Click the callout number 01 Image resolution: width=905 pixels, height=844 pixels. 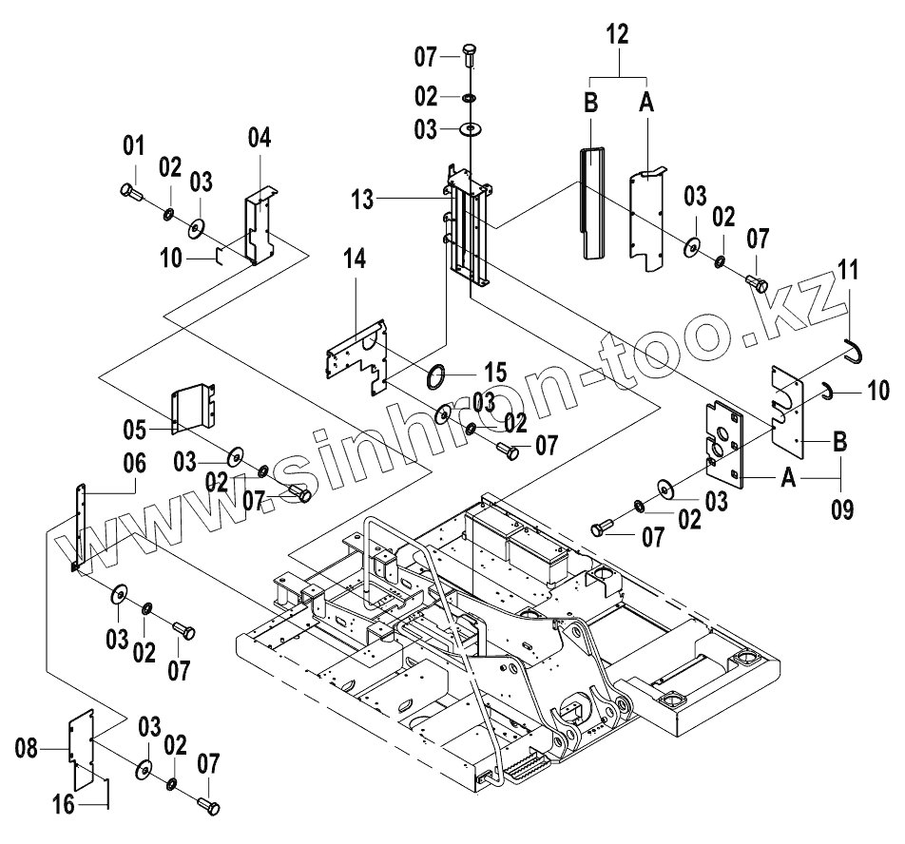coord(133,146)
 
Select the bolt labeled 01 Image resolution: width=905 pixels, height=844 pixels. coord(132,191)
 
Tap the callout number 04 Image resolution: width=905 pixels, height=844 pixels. coord(260,138)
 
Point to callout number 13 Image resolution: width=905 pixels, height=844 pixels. coord(363,200)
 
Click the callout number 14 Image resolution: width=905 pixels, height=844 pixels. coord(355,259)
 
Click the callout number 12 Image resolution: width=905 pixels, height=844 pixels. coord(617,34)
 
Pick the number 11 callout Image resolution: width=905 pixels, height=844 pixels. coord(848,270)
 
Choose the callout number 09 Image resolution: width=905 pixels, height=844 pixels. coord(842,509)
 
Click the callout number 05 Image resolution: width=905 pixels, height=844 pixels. coord(134,430)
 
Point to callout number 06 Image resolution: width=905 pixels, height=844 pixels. coord(134,463)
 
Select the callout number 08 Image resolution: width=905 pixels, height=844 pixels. coord(26,749)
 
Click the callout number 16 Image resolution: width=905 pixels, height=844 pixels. coord(64,805)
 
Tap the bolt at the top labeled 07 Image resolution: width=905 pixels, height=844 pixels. coord(468,56)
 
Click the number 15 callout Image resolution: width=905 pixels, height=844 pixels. coord(495,372)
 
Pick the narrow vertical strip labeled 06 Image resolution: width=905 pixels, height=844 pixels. coord(79,527)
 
